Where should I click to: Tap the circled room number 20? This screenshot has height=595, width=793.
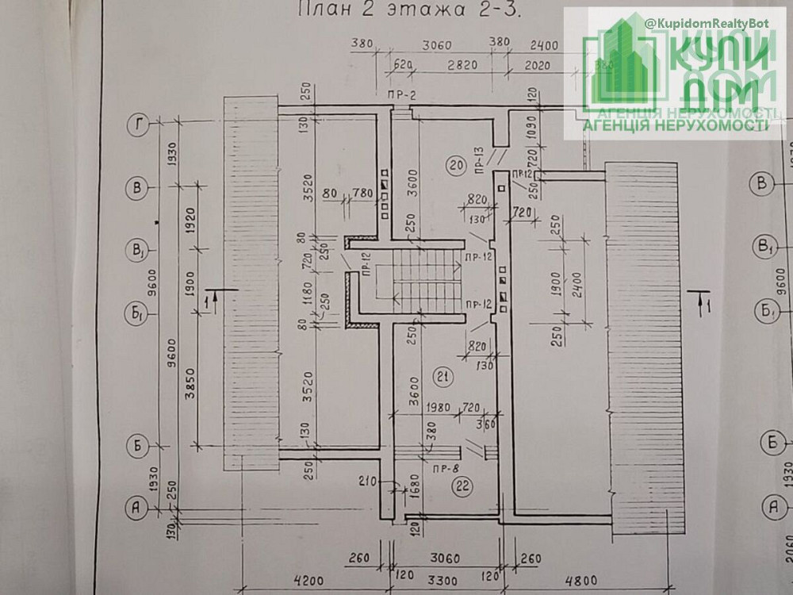click(454, 166)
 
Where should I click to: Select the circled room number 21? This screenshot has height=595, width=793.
click(442, 377)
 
